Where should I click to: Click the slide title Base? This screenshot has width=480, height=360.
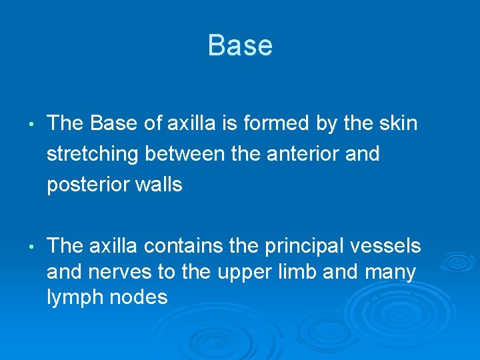[x=240, y=46]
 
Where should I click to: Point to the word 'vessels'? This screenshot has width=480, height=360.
[x=390, y=247]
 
